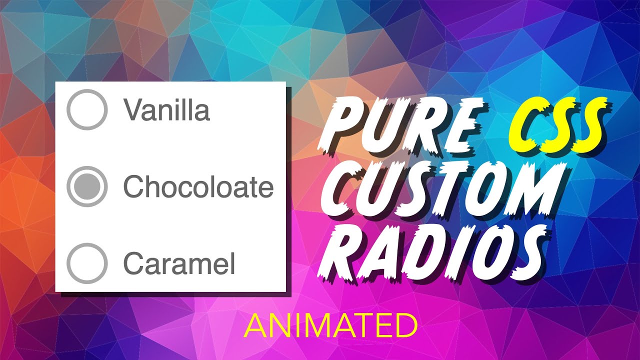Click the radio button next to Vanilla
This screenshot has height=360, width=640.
[x=87, y=110]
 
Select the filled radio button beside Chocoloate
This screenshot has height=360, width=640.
[x=87, y=186]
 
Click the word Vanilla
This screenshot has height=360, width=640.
[x=166, y=110]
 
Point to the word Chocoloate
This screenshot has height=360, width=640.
[x=198, y=187]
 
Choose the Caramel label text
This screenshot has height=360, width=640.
[x=179, y=263]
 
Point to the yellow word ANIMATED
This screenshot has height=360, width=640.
[x=330, y=326]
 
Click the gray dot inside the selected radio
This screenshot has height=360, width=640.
[x=87, y=186]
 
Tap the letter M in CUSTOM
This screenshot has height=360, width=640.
[x=548, y=189]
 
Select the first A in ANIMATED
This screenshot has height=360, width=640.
[x=254, y=326]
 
